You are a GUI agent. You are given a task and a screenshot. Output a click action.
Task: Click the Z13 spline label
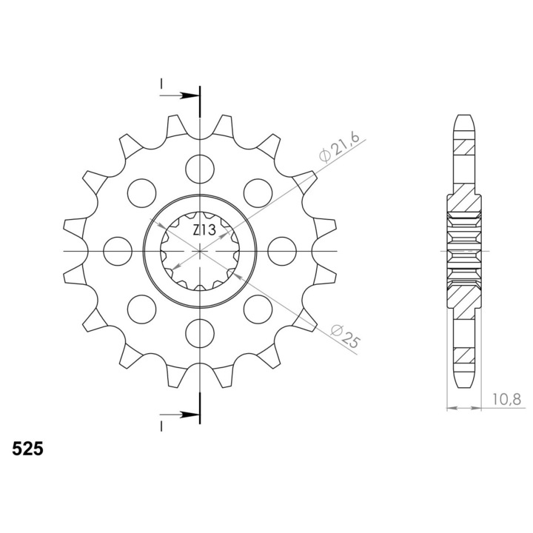pos(204,230)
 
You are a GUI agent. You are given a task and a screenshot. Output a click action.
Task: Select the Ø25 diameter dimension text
pos(345,336)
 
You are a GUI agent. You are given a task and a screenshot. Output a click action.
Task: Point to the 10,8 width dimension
pos(506,400)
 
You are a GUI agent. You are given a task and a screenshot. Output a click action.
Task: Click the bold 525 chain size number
pos(27,449)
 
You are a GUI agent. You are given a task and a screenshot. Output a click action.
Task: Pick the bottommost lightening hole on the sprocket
pos(200,333)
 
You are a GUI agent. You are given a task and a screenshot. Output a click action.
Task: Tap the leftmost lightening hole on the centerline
pos(118,251)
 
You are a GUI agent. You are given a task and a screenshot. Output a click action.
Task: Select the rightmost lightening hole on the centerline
pos(282,251)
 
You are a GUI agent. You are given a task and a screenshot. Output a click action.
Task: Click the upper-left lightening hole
pos(141,193)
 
